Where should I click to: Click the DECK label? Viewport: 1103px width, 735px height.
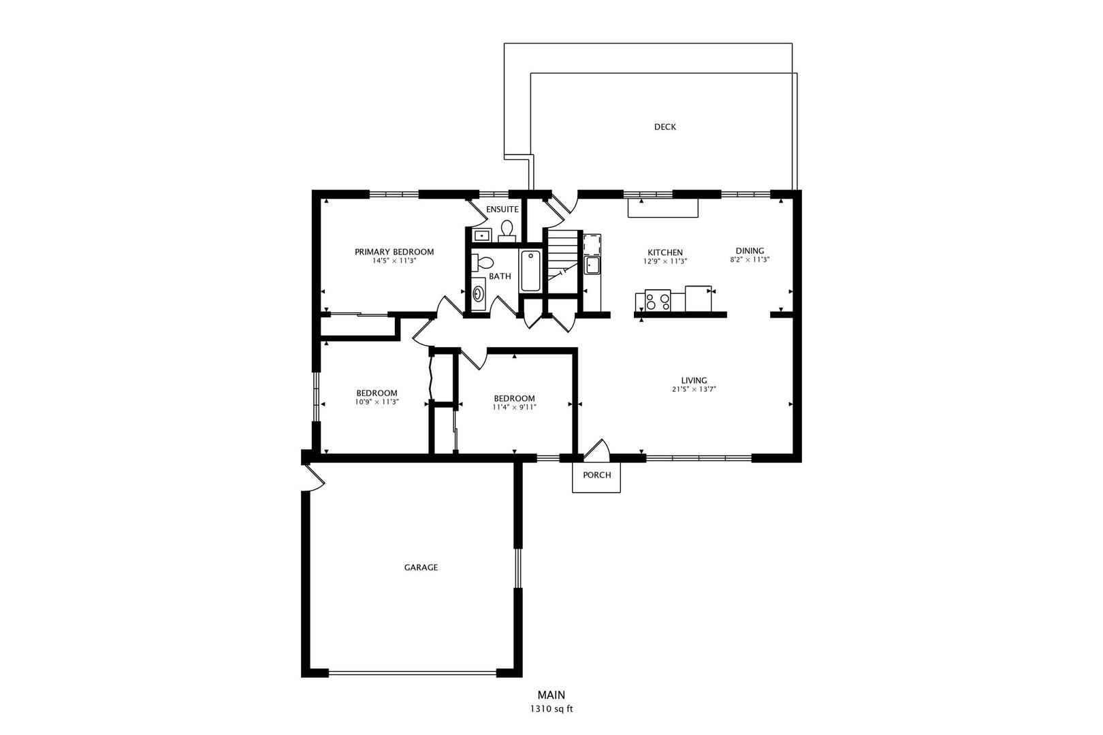(x=665, y=127)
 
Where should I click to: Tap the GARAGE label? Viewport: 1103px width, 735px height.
(x=421, y=568)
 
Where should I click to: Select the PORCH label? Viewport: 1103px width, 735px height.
(x=597, y=475)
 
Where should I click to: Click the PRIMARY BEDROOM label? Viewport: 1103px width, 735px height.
(x=394, y=252)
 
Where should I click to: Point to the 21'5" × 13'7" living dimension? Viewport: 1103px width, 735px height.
(x=694, y=389)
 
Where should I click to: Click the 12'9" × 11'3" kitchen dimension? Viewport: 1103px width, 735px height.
(x=665, y=262)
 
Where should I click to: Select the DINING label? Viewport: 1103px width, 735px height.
(x=750, y=250)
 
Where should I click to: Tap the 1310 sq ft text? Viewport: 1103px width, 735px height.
(x=551, y=709)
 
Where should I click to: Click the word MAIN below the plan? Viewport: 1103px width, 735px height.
(x=551, y=695)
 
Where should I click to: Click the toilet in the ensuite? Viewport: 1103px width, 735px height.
(x=507, y=231)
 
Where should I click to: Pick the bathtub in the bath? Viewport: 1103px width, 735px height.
(x=531, y=270)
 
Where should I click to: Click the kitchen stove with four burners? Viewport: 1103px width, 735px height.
(x=658, y=300)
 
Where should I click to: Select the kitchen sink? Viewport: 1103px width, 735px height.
(x=592, y=265)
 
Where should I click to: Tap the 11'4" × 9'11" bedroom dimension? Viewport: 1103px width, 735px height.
(x=515, y=408)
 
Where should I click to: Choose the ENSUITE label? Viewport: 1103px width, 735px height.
(x=502, y=210)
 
